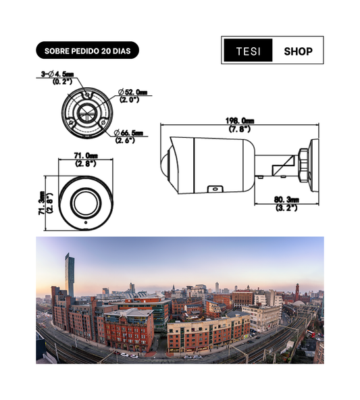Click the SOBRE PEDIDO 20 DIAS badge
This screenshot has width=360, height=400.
point(87,50)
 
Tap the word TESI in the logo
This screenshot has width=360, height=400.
point(248,51)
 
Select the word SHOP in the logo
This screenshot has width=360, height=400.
point(298,51)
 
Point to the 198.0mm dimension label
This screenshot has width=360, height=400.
point(239,120)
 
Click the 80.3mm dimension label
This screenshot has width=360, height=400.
point(286,199)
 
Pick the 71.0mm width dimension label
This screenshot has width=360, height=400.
point(86,155)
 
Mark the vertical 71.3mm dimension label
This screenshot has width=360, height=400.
point(42,203)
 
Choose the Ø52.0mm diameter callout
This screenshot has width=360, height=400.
point(133,92)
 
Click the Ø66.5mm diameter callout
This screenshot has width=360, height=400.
point(128,132)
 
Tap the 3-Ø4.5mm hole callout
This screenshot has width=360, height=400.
point(57,74)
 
